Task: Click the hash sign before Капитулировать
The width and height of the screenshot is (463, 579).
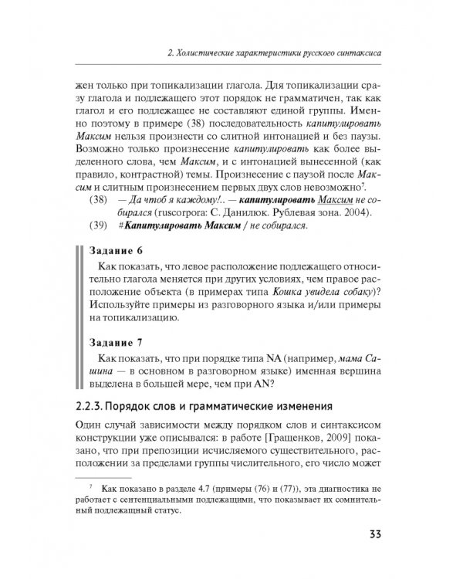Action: point(121,226)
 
